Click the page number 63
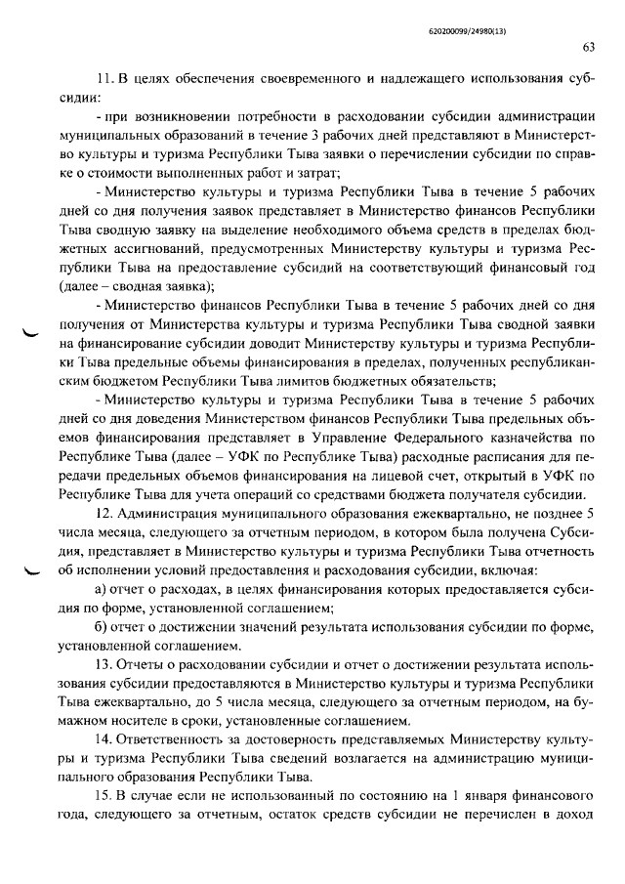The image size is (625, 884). coord(588,47)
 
